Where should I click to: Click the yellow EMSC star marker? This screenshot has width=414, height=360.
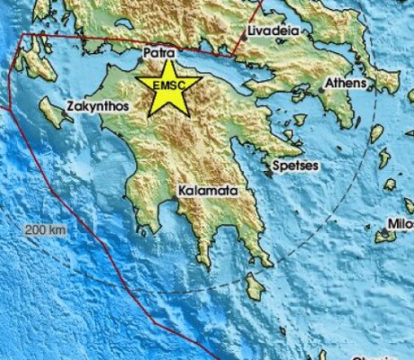168,86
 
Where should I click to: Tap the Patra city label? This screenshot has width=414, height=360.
158,54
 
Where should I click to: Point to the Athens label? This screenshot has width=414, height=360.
346,83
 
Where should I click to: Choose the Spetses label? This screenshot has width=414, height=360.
296,166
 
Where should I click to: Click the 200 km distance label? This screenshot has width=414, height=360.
46,230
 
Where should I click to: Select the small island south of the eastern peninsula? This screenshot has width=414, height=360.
256,286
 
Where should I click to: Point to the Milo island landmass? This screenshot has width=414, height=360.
387,236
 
